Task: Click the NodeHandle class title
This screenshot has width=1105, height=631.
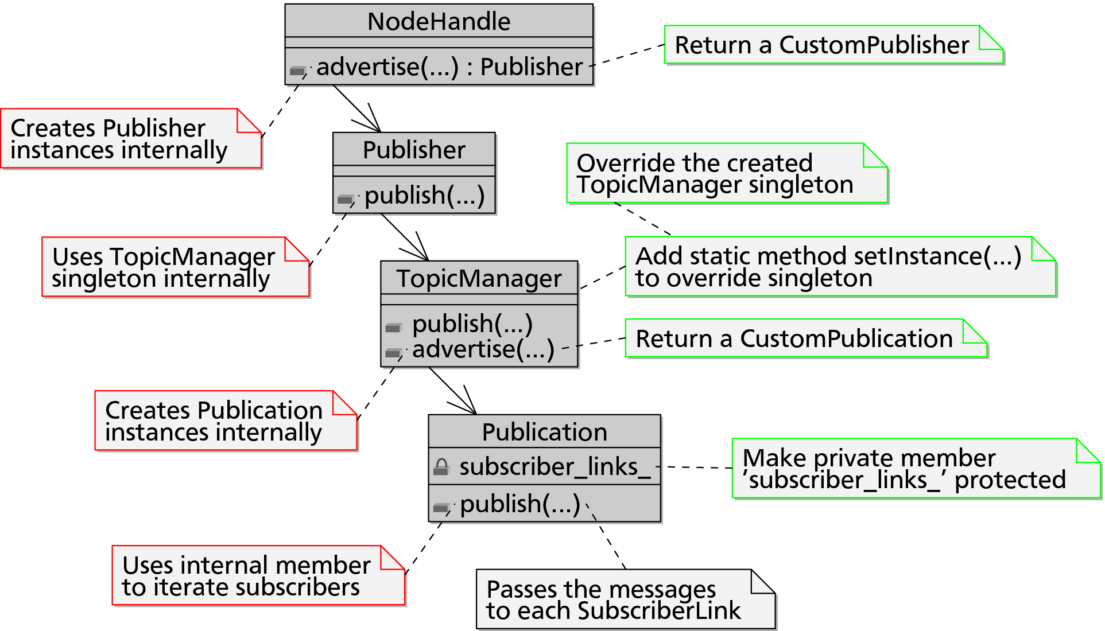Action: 439,22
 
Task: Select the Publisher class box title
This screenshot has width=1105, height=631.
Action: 414,150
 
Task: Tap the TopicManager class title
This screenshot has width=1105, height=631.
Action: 479,279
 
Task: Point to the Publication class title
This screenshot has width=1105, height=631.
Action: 544,432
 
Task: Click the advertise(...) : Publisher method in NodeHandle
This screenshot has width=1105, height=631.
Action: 449,67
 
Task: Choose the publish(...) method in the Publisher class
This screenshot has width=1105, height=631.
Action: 425,196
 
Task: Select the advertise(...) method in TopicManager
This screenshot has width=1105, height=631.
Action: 483,349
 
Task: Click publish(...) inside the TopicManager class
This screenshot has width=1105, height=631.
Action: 472,324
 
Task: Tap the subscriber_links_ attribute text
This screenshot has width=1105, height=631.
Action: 555,467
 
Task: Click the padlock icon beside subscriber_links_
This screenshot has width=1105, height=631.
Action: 441,467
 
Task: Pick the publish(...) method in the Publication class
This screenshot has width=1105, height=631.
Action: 520,504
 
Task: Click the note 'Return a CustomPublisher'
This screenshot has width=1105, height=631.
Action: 834,45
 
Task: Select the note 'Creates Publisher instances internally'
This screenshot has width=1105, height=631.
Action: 131,138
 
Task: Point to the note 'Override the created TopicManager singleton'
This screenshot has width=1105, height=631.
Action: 727,173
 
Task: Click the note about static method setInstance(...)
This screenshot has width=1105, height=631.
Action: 841,267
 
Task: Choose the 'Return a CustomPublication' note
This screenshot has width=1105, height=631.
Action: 807,338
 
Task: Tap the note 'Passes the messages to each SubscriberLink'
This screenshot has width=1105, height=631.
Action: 626,599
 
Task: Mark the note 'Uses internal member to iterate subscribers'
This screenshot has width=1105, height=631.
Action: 259,575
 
